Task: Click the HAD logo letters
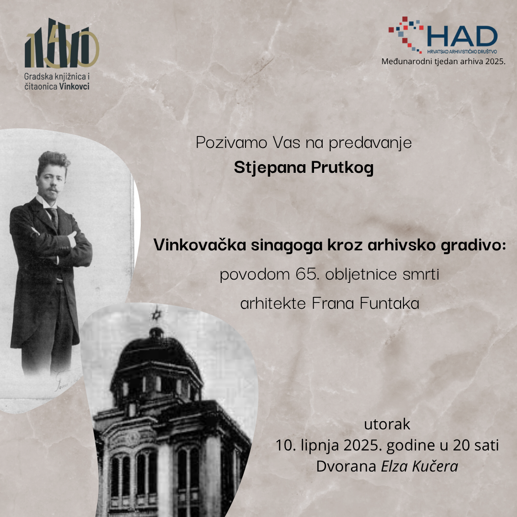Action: point(462,36)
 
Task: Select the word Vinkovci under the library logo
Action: point(74,86)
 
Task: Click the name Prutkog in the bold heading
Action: point(342,168)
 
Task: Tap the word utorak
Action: point(387,424)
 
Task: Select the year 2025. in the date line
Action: point(363,446)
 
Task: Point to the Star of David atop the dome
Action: point(157,314)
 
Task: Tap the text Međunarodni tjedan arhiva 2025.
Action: point(443,62)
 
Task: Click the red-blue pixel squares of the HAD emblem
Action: point(405,34)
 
